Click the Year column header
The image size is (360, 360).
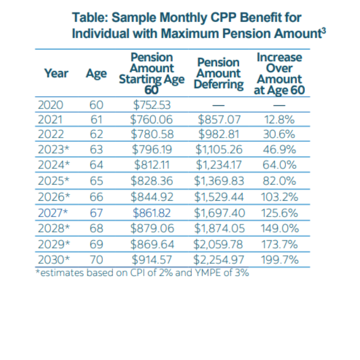pyautogui.click(x=56, y=73)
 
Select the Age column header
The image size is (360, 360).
pyautogui.click(x=96, y=73)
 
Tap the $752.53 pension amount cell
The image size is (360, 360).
pyautogui.click(x=152, y=105)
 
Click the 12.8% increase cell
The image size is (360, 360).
pyautogui.click(x=279, y=120)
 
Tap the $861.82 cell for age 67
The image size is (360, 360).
pyautogui.click(x=152, y=212)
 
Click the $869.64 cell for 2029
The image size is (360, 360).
pyautogui.click(x=152, y=244)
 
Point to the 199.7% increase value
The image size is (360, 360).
pyautogui.click(x=279, y=260)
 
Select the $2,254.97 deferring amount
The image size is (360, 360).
pyautogui.click(x=219, y=260)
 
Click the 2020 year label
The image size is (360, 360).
pyautogui.click(x=50, y=105)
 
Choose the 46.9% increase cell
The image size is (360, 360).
pyautogui.click(x=279, y=149)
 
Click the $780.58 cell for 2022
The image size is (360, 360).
pyautogui.click(x=152, y=134)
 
